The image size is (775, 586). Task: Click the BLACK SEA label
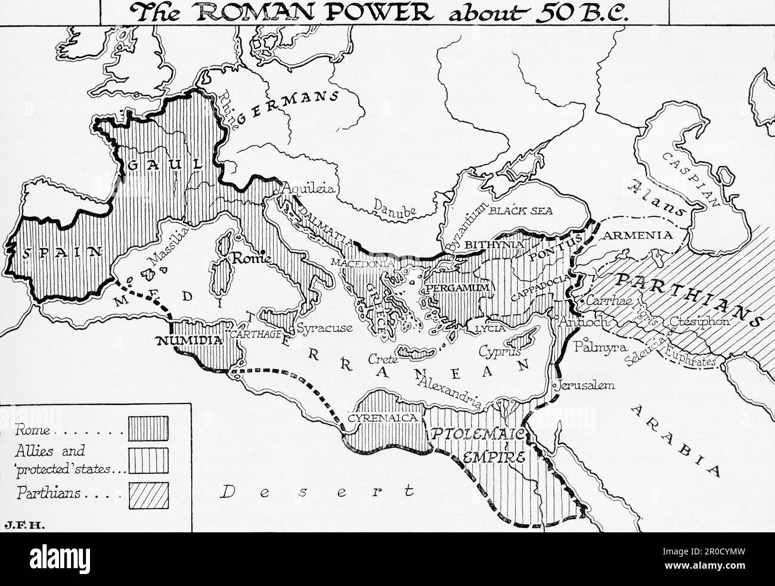pos(520,210)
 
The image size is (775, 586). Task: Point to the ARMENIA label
pos(638,235)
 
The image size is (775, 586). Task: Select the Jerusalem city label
pos(586,385)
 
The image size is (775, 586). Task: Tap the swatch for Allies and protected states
pos(148,460)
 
